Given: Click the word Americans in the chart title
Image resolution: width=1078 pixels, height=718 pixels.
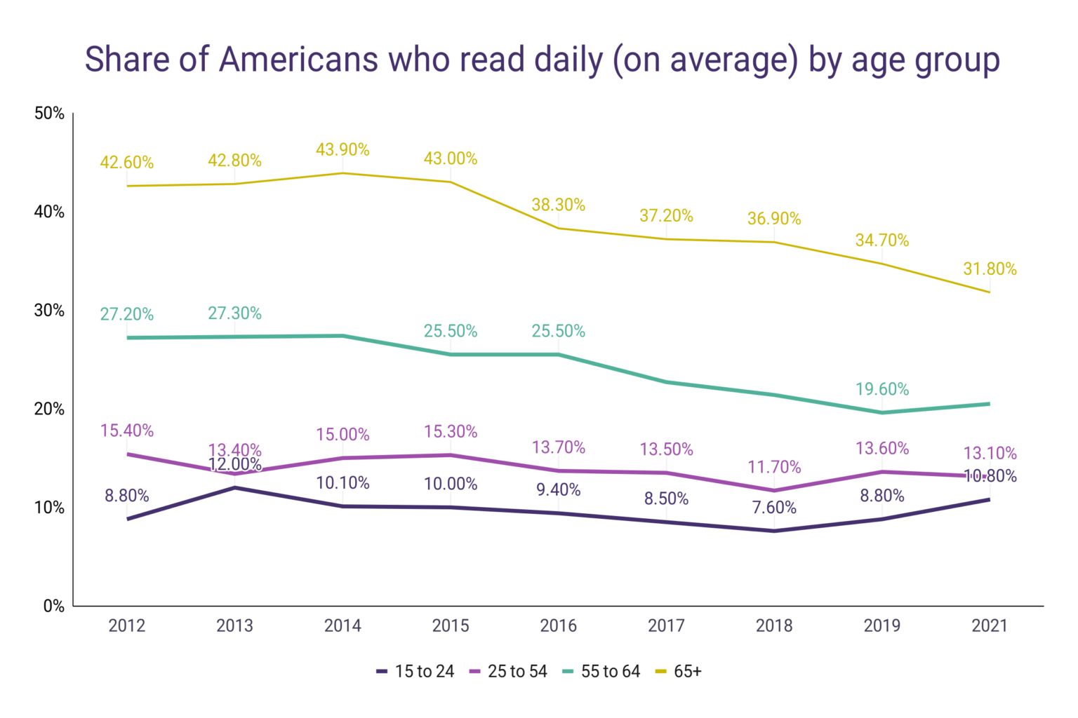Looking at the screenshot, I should tap(300, 59).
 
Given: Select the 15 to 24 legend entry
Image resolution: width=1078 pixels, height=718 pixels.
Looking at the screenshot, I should tap(415, 671).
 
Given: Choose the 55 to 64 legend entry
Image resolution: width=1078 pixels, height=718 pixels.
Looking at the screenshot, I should tap(602, 671).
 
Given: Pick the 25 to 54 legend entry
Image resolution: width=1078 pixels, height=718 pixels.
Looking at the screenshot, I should tap(509, 671).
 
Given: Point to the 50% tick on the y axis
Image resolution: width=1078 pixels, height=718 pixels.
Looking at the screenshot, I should tap(49, 114).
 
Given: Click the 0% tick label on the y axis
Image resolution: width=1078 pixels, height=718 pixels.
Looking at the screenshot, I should tap(53, 606).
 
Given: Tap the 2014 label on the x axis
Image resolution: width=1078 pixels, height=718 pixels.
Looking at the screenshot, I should tap(342, 625).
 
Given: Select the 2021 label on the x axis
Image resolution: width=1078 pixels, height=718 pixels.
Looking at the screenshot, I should tap(990, 625).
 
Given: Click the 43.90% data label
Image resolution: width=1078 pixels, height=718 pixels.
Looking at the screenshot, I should tap(342, 149).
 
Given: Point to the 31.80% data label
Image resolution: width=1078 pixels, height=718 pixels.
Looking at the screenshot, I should tap(990, 269).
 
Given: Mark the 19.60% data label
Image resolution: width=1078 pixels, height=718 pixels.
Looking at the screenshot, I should tap(882, 389).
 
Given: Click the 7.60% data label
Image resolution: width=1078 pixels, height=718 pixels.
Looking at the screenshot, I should tap(774, 507).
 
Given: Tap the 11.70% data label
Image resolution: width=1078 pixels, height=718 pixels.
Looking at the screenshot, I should tap(774, 467).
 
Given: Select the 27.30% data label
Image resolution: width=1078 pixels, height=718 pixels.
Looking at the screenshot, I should tap(234, 313).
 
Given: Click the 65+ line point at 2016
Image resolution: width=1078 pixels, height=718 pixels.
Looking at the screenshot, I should tap(559, 228).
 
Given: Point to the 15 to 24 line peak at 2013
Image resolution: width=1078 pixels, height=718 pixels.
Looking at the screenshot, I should tap(234, 487).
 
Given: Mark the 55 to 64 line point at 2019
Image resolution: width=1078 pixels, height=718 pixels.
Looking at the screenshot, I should tap(882, 412).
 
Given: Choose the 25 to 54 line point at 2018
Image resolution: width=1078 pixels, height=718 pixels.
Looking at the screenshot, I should tap(774, 490).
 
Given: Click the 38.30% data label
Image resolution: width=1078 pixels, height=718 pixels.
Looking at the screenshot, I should tap(559, 205).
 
